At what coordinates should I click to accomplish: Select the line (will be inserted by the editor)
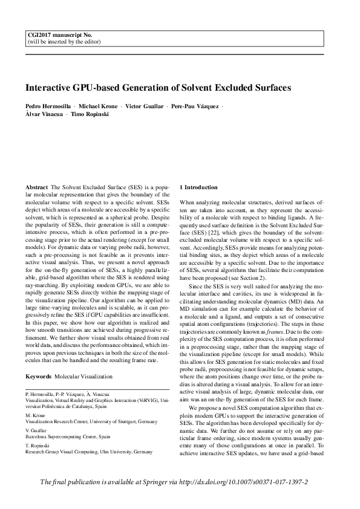click(x=59, y=42)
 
